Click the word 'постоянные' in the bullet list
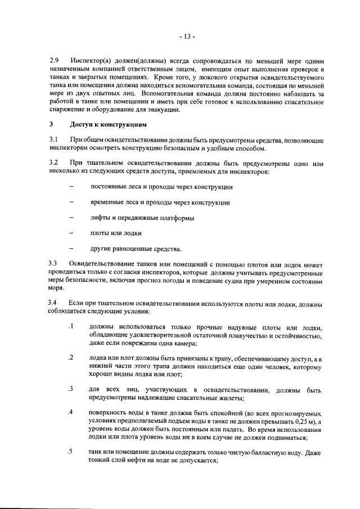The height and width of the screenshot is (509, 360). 109,186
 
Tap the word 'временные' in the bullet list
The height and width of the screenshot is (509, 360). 108,202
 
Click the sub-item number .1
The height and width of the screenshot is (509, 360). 71,327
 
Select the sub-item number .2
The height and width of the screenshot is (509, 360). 71,358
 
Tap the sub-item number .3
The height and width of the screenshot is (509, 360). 71,389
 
